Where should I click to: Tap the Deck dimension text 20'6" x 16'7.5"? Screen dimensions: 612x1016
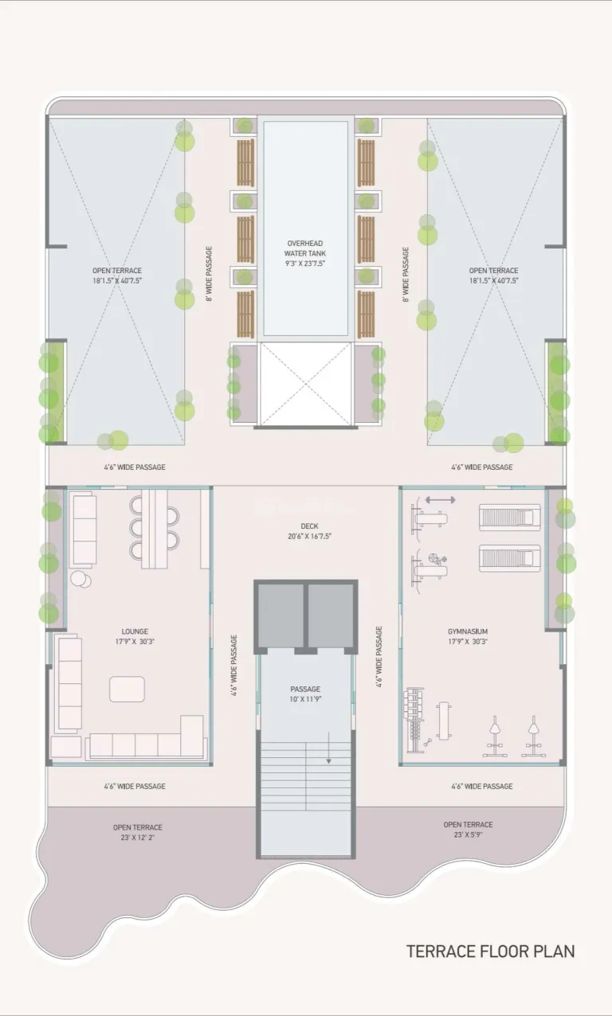coord(310,536)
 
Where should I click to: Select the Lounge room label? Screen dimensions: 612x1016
coord(135,631)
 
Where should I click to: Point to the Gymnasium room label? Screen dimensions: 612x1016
coord(468,631)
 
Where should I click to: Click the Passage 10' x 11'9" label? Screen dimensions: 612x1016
coord(305,694)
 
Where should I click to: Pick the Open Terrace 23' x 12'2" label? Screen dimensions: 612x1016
coord(138,832)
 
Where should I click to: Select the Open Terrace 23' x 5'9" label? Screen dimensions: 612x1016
coord(468,830)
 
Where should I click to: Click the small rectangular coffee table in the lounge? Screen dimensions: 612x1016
coord(127,689)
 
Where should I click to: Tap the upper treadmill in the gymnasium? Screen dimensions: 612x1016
coord(510,517)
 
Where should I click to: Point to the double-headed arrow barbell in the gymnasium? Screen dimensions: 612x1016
coord(441,500)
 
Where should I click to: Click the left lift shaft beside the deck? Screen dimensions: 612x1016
coord(281,615)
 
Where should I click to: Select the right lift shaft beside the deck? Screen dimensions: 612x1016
coord(331,615)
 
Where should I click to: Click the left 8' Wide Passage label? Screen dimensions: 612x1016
coord(209,274)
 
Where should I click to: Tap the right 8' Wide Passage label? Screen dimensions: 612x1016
coord(406,275)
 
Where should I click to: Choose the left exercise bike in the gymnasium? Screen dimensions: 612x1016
coord(495,736)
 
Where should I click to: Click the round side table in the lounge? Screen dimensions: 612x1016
coord(80,579)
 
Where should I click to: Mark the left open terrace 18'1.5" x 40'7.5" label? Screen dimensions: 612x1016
coord(117,275)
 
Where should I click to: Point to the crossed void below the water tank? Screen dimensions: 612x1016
coord(305,384)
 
